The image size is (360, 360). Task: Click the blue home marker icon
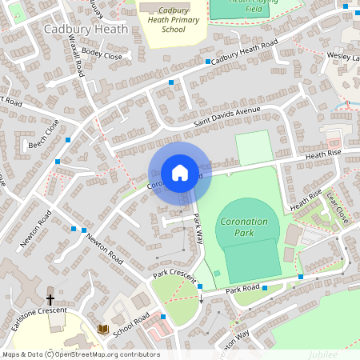click(180, 173)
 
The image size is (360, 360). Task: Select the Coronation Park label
click(246, 226)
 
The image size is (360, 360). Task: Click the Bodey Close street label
click(102, 56)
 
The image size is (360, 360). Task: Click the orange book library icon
click(102, 329)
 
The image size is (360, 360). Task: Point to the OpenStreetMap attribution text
click(81, 354)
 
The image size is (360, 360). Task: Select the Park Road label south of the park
click(242, 288)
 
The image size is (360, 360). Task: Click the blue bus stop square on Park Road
click(300, 277)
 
